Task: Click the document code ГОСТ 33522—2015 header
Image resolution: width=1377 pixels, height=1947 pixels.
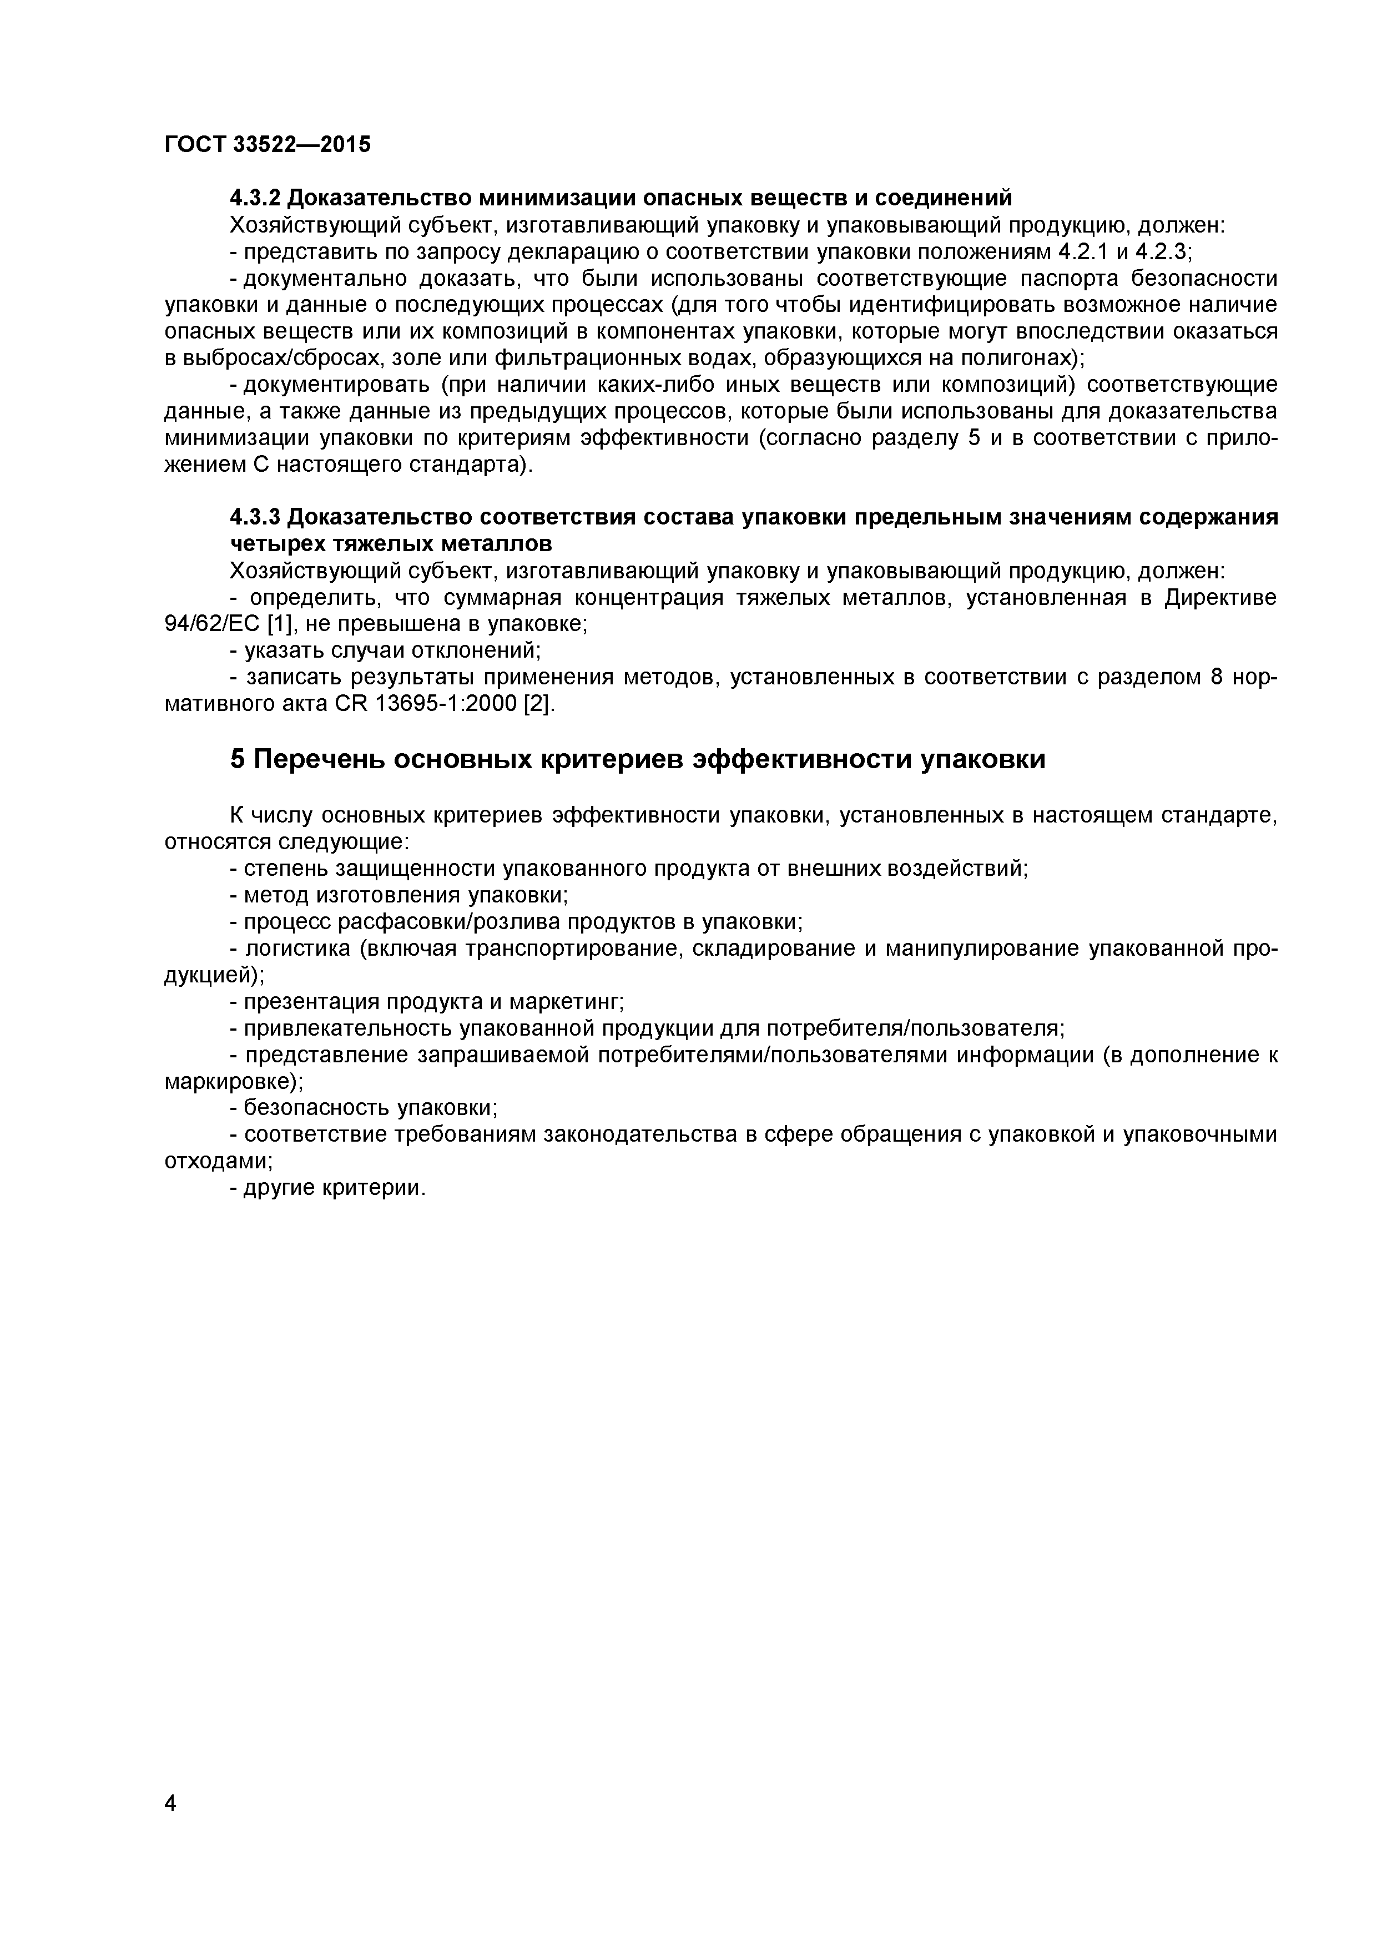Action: click(267, 145)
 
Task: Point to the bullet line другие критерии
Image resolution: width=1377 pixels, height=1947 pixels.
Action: click(333, 1188)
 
